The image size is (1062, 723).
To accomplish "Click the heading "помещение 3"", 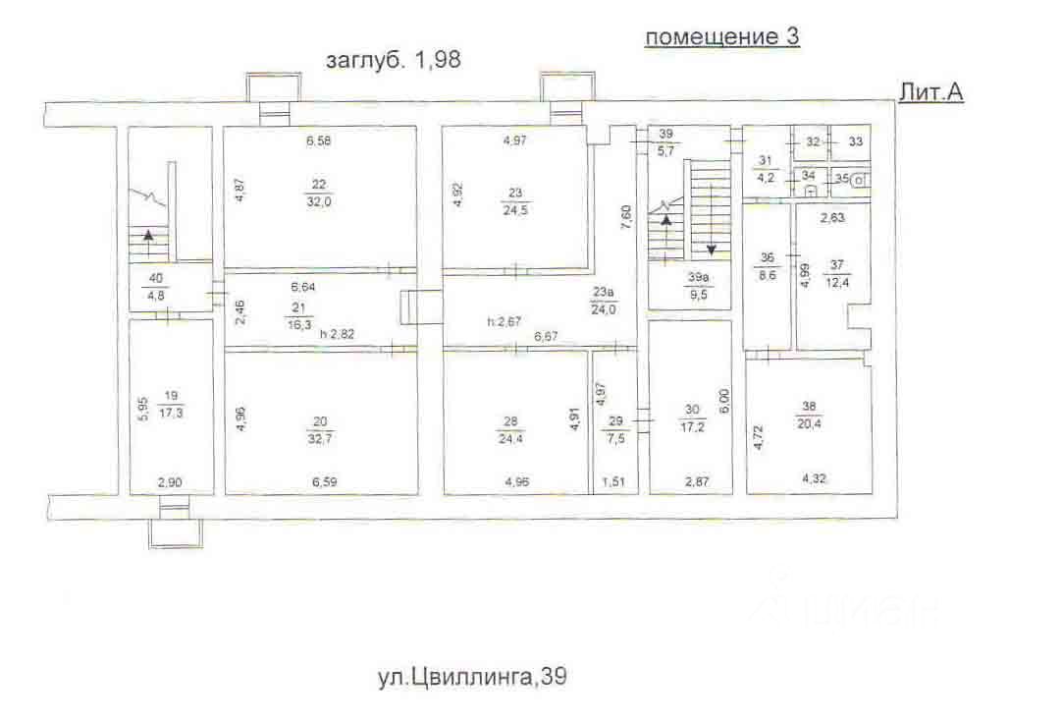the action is [722, 36].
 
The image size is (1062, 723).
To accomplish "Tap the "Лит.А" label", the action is [930, 92].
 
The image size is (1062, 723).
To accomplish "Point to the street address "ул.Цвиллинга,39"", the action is [472, 676].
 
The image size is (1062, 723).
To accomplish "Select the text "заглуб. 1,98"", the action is [394, 60].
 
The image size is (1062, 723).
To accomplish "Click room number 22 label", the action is [319, 185].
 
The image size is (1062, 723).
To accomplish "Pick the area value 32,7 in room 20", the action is [319, 438].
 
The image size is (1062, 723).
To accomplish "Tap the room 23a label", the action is [603, 293].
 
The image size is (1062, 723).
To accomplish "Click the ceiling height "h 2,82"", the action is [338, 334].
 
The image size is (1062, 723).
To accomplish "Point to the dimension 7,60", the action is [626, 217].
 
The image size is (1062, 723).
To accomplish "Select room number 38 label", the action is [810, 407].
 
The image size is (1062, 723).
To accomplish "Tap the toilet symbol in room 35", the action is [859, 180].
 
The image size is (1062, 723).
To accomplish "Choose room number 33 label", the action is [856, 141].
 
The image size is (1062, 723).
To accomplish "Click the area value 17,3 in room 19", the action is [171, 412].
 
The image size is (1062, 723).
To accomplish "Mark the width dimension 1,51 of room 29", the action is [613, 482].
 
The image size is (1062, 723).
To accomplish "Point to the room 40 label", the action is [156, 279].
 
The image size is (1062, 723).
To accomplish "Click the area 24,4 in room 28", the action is [510, 438].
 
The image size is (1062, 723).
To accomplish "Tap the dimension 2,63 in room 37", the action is [832, 217].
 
